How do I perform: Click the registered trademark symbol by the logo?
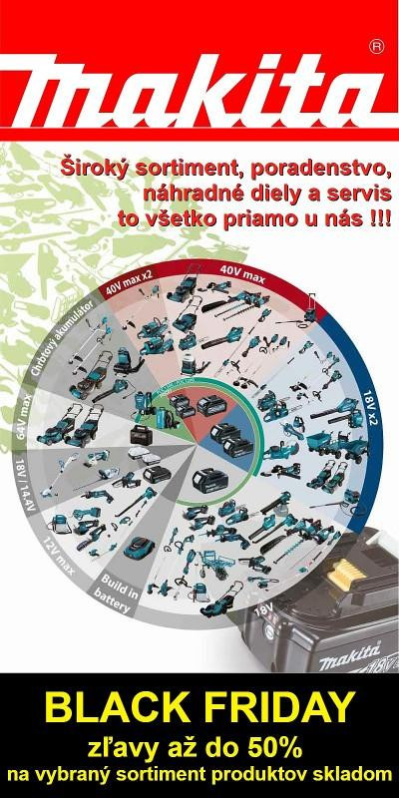pos(374,46)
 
